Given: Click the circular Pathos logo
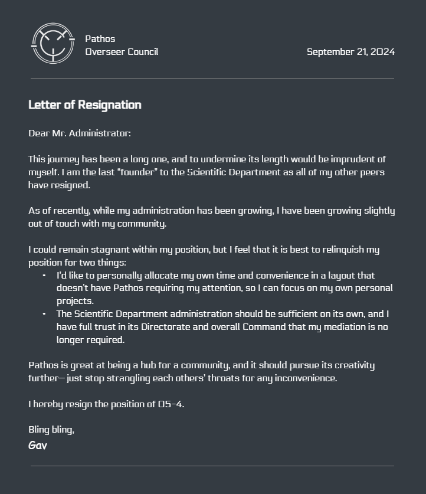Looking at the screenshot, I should [x=53, y=43].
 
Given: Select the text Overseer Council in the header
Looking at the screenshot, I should [x=122, y=52].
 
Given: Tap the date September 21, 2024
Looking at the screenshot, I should [x=350, y=52].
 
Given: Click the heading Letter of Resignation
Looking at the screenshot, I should [x=85, y=105].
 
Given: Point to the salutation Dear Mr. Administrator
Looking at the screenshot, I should [x=80, y=133].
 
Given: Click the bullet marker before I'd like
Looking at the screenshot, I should [x=44, y=276].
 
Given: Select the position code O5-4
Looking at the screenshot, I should [x=171, y=404].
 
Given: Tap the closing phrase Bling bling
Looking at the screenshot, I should [x=51, y=430].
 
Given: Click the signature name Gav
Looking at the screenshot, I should [x=38, y=446].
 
